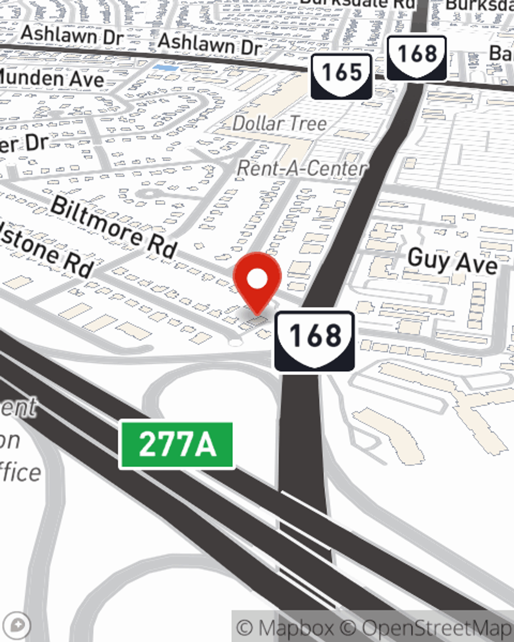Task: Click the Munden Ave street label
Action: tap(51, 79)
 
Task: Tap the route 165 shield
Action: tap(341, 75)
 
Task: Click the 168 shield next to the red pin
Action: tap(315, 340)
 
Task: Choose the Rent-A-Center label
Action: tap(302, 168)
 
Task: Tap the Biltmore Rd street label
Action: tap(114, 226)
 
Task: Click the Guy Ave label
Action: tap(452, 261)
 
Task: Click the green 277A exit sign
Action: tap(177, 445)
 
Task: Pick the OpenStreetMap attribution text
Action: tap(437, 628)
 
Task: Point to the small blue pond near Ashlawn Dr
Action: tap(166, 67)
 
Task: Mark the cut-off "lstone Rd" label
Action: tap(46, 249)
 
